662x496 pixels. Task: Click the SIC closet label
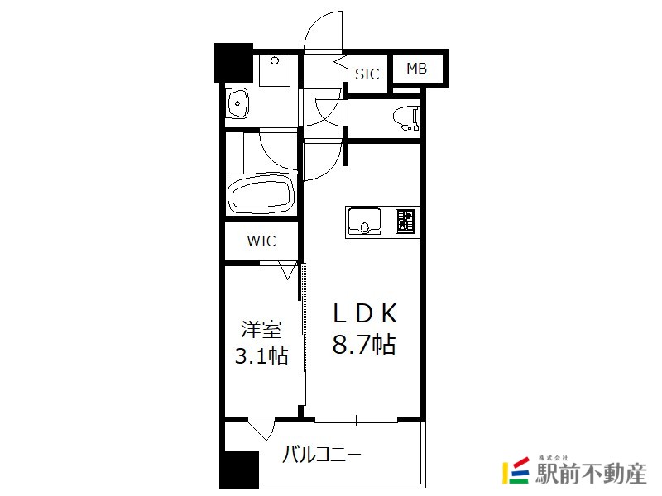(x=367, y=74)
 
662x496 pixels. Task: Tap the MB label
(x=417, y=69)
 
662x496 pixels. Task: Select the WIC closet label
(x=261, y=241)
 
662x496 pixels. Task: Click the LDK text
(x=365, y=313)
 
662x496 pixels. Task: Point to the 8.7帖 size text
(x=364, y=344)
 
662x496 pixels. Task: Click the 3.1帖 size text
(x=261, y=356)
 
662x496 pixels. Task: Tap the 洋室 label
(x=261, y=329)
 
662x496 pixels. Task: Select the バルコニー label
(x=322, y=455)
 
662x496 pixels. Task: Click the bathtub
(x=261, y=196)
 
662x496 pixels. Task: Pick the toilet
(x=407, y=119)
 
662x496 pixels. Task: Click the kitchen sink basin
(x=364, y=221)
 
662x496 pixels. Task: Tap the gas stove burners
(x=405, y=221)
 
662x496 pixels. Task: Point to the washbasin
(x=237, y=103)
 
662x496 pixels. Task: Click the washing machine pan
(x=275, y=70)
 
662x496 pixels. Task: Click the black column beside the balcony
(x=239, y=469)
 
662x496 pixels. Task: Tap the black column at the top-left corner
(x=233, y=63)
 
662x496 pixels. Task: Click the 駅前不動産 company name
(x=591, y=474)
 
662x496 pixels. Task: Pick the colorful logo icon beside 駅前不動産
(x=516, y=470)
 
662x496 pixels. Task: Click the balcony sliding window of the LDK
(x=357, y=420)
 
